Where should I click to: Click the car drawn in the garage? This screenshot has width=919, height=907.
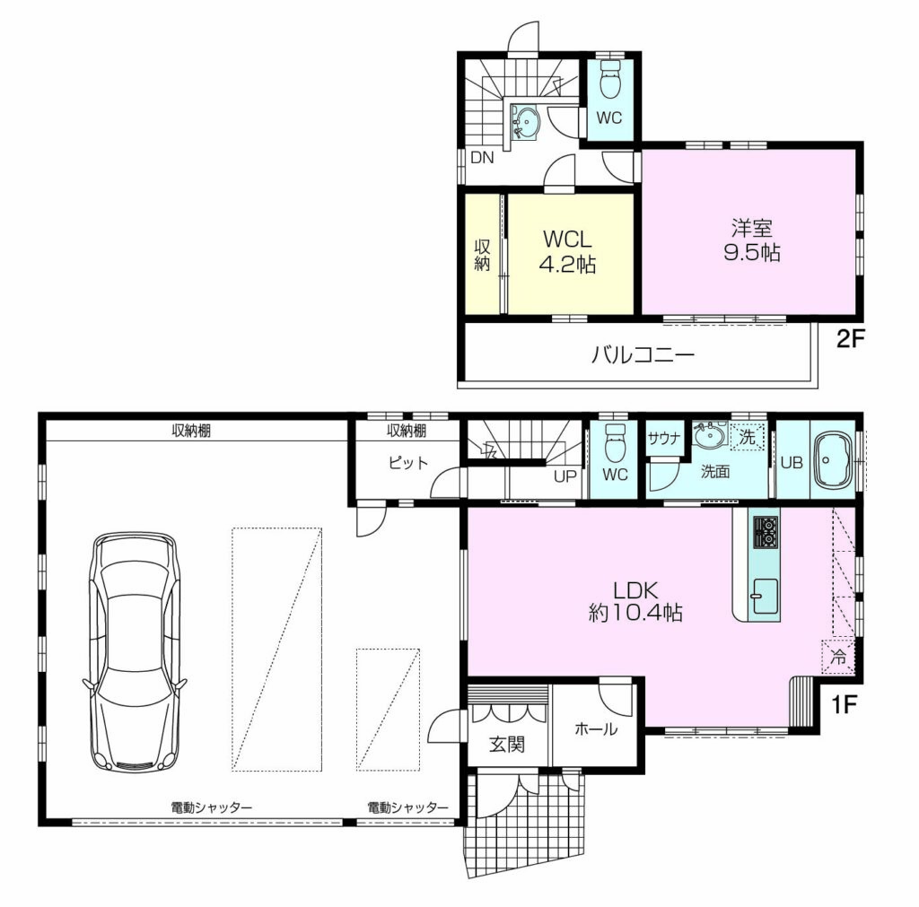pyautogui.click(x=135, y=651)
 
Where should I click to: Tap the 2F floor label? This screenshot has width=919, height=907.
pyautogui.click(x=850, y=338)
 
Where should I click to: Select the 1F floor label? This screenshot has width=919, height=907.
pyautogui.click(x=844, y=704)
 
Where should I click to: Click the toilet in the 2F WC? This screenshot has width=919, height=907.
pyautogui.click(x=609, y=78)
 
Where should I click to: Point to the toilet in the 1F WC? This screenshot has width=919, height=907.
pyautogui.click(x=614, y=443)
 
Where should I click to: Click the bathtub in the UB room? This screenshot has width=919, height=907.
pyautogui.click(x=832, y=461)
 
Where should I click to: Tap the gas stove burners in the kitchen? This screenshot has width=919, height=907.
pyautogui.click(x=766, y=532)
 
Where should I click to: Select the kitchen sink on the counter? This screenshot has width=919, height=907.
pyautogui.click(x=766, y=597)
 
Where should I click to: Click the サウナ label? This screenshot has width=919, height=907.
pyautogui.click(x=664, y=438)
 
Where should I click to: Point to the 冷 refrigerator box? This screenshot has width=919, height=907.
pyautogui.click(x=838, y=657)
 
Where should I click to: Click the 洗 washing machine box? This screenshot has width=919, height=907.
pyautogui.click(x=748, y=437)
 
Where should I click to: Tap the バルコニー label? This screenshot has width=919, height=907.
pyautogui.click(x=643, y=355)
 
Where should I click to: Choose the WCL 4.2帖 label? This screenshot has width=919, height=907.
pyautogui.click(x=567, y=252)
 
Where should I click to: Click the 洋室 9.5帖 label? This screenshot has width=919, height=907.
pyautogui.click(x=751, y=240)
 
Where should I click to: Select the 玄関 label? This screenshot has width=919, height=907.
pyautogui.click(x=507, y=745)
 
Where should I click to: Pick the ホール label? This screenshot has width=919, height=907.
pyautogui.click(x=596, y=728)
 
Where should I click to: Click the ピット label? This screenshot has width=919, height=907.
pyautogui.click(x=408, y=463)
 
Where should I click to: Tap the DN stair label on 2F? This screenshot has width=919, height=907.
pyautogui.click(x=482, y=158)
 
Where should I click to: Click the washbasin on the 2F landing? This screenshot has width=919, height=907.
pyautogui.click(x=526, y=123)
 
